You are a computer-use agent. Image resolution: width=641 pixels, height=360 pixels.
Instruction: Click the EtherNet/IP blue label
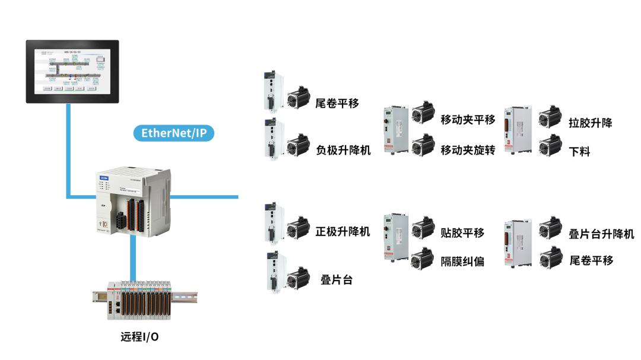174,132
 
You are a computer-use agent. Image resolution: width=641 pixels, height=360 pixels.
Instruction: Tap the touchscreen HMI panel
72,71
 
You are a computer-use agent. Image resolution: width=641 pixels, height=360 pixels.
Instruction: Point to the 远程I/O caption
139,337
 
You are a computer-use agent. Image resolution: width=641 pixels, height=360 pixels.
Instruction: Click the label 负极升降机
343,150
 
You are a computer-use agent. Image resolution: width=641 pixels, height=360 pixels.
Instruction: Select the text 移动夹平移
468,119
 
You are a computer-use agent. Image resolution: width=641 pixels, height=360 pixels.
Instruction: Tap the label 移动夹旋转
468,150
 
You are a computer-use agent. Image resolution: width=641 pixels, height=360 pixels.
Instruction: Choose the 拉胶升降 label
590,123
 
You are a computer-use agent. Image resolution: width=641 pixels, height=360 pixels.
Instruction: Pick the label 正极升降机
343,231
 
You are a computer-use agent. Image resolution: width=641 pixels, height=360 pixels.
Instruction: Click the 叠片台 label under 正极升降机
337,279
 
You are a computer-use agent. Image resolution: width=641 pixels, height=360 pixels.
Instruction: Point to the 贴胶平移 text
462,232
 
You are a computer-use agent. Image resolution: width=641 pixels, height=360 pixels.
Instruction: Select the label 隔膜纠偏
462,261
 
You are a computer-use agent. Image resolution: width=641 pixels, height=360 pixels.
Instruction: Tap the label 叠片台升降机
601,234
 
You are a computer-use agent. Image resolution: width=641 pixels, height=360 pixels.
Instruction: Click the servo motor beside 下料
550,145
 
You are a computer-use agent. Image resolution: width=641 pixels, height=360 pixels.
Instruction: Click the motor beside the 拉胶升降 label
550,117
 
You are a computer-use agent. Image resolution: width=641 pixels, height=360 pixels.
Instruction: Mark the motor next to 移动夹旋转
423,145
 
